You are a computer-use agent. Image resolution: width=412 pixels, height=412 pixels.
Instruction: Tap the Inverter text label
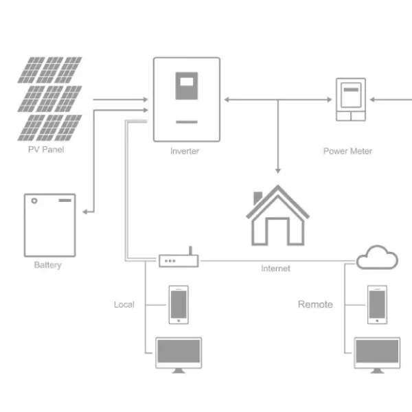coord(185,151)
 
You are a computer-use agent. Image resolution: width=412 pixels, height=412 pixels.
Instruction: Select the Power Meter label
coord(347,151)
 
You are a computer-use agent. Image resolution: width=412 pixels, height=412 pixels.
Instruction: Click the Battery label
coord(47,265)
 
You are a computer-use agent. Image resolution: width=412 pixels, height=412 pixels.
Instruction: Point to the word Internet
coord(275,268)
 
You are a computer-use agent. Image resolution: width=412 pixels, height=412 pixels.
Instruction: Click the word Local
coord(124,304)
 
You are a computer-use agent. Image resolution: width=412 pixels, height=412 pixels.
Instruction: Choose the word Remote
coord(315,304)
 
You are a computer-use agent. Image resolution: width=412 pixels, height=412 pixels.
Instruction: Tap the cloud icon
coord(377,257)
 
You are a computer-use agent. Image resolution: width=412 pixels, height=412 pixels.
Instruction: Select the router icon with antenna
coord(179,260)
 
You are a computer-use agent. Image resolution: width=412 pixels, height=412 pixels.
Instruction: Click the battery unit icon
coord(49,225)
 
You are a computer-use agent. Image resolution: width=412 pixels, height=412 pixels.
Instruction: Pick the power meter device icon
coord(350,100)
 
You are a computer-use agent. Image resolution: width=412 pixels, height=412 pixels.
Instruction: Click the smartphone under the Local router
coord(179,305)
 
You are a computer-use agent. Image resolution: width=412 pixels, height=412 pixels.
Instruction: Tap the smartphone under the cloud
coord(376,305)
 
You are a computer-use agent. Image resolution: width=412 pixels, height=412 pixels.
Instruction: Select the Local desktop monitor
coord(179,354)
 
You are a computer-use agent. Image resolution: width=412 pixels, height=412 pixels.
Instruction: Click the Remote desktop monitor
coord(376,354)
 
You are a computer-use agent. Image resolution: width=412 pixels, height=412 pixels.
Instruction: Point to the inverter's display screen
coord(186,86)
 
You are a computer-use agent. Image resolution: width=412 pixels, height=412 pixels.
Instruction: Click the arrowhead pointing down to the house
coord(278,170)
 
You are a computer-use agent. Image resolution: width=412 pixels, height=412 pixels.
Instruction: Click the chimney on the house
coord(258,198)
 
